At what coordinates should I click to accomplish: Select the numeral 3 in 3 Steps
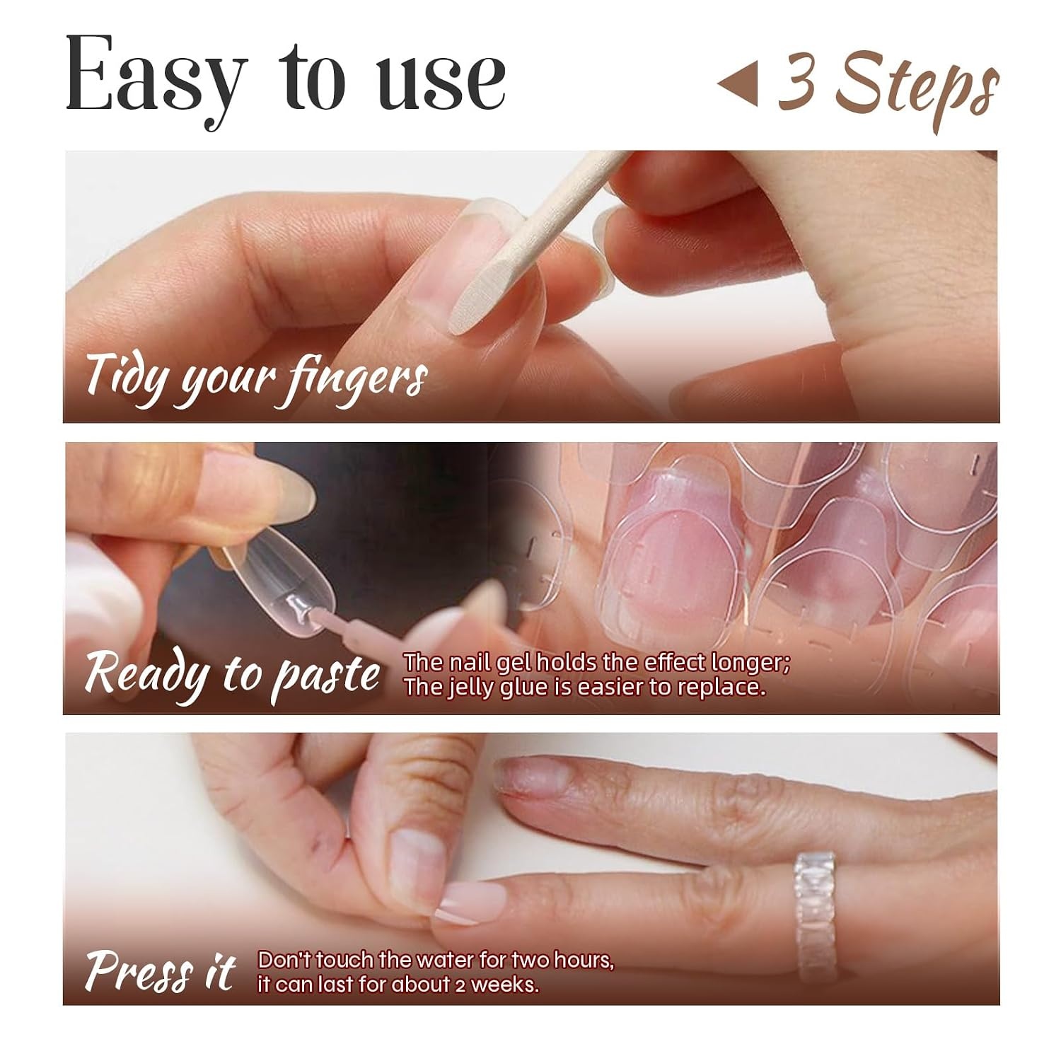tap(798, 84)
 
